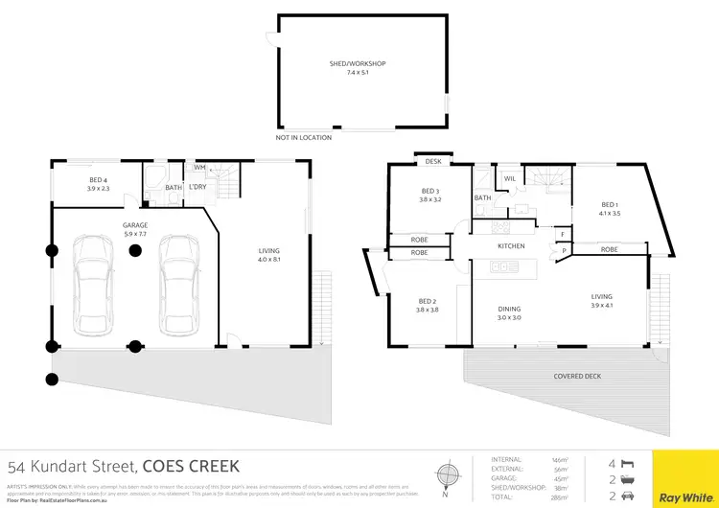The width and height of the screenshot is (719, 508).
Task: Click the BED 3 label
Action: [429, 191]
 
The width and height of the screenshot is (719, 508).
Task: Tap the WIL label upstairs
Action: [509, 177]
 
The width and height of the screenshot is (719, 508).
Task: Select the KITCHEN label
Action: [510, 246]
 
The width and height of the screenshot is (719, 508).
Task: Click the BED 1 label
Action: [610, 204]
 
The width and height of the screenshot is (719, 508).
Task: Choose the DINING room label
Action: [509, 308]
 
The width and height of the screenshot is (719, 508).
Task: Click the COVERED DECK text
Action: [577, 377]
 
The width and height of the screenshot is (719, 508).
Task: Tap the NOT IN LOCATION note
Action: [303, 138]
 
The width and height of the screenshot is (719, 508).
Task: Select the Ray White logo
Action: [685, 498]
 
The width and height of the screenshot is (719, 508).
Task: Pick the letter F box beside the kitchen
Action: [563, 234]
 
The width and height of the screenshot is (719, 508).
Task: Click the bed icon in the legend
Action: [630, 460]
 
